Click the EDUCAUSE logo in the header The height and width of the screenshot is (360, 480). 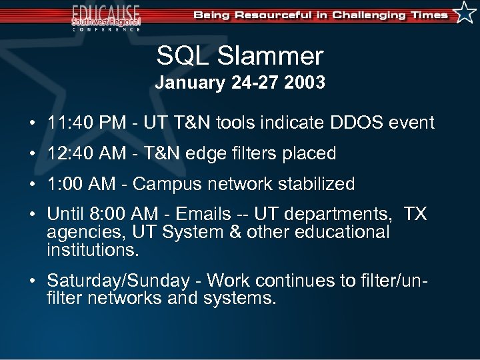tap(106, 16)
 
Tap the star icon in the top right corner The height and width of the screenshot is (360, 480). tap(465, 13)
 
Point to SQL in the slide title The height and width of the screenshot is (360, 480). tap(182, 57)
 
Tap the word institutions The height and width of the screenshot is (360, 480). tap(92, 251)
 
